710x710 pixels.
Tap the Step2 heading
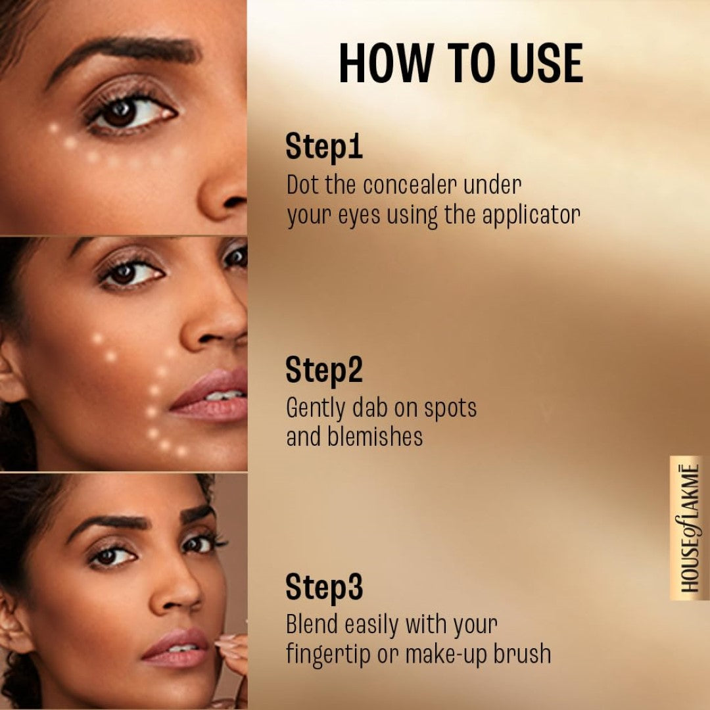point(324,371)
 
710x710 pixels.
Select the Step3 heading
point(324,587)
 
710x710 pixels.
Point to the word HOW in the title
point(386,64)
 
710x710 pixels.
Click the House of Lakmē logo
point(689,528)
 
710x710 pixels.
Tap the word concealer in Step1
point(410,186)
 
